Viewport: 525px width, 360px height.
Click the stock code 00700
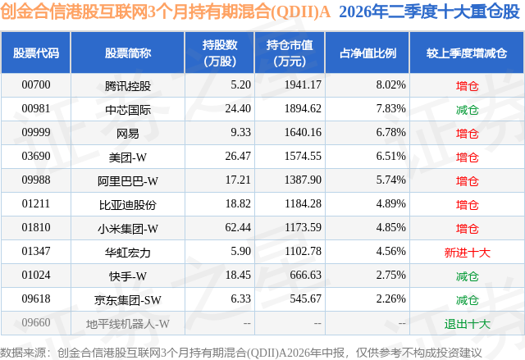36,84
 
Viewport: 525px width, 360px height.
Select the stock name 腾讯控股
128,86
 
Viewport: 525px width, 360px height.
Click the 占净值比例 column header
367,52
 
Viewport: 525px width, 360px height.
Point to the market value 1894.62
303,108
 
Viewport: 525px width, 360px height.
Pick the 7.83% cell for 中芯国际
390,108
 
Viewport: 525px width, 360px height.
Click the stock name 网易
128,134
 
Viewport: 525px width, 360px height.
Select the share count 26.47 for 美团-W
238,156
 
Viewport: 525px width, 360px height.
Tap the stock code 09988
36,180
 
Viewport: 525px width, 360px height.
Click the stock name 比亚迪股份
128,205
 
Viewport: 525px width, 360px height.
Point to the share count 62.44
238,227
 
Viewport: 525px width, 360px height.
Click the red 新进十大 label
467,253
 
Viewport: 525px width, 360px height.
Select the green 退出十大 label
467,324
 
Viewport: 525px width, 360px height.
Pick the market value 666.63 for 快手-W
305,275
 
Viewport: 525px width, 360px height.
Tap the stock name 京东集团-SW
128,300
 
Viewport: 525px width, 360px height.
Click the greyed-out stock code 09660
36,322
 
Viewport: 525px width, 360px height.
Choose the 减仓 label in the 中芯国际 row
467,110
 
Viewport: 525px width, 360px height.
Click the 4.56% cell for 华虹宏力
390,251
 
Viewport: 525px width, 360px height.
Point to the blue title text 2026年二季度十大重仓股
429,12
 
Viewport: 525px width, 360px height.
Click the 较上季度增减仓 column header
467,52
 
